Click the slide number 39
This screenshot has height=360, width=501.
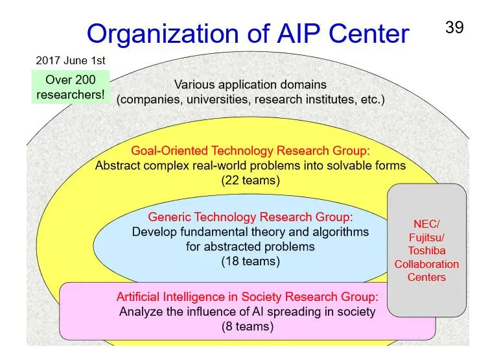(454, 28)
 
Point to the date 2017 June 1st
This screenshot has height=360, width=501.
(71, 61)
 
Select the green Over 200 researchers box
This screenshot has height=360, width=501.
(71, 88)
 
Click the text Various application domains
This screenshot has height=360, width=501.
(250, 85)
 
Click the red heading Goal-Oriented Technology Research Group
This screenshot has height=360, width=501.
(250, 151)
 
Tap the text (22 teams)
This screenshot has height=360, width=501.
(250, 180)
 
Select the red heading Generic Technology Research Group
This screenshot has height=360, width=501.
(250, 217)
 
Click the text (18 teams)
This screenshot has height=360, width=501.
(250, 261)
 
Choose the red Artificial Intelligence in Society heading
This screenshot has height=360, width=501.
(247, 297)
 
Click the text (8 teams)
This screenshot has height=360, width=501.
(247, 326)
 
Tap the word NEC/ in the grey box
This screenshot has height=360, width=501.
(426, 224)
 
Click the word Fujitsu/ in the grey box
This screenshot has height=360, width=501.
(426, 237)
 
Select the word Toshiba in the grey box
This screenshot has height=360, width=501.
(426, 251)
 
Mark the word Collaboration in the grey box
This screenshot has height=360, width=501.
(426, 264)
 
